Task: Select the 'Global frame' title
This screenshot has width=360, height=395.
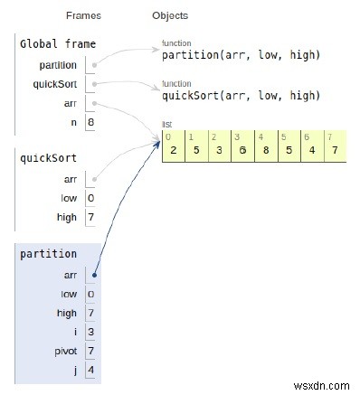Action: [x=56, y=43]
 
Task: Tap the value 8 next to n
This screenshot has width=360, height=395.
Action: [x=91, y=121]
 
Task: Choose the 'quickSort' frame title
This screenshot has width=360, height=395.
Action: [x=48, y=157]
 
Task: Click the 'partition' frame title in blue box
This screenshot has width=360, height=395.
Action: [x=48, y=254]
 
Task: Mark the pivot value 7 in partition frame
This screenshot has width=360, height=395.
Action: [x=91, y=350]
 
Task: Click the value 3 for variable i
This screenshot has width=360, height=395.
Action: [x=91, y=332]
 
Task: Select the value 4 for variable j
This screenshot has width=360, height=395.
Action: [x=91, y=370]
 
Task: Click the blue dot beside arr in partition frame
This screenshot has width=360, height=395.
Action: [x=94, y=275]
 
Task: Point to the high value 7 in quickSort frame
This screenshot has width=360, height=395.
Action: [x=91, y=217]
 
